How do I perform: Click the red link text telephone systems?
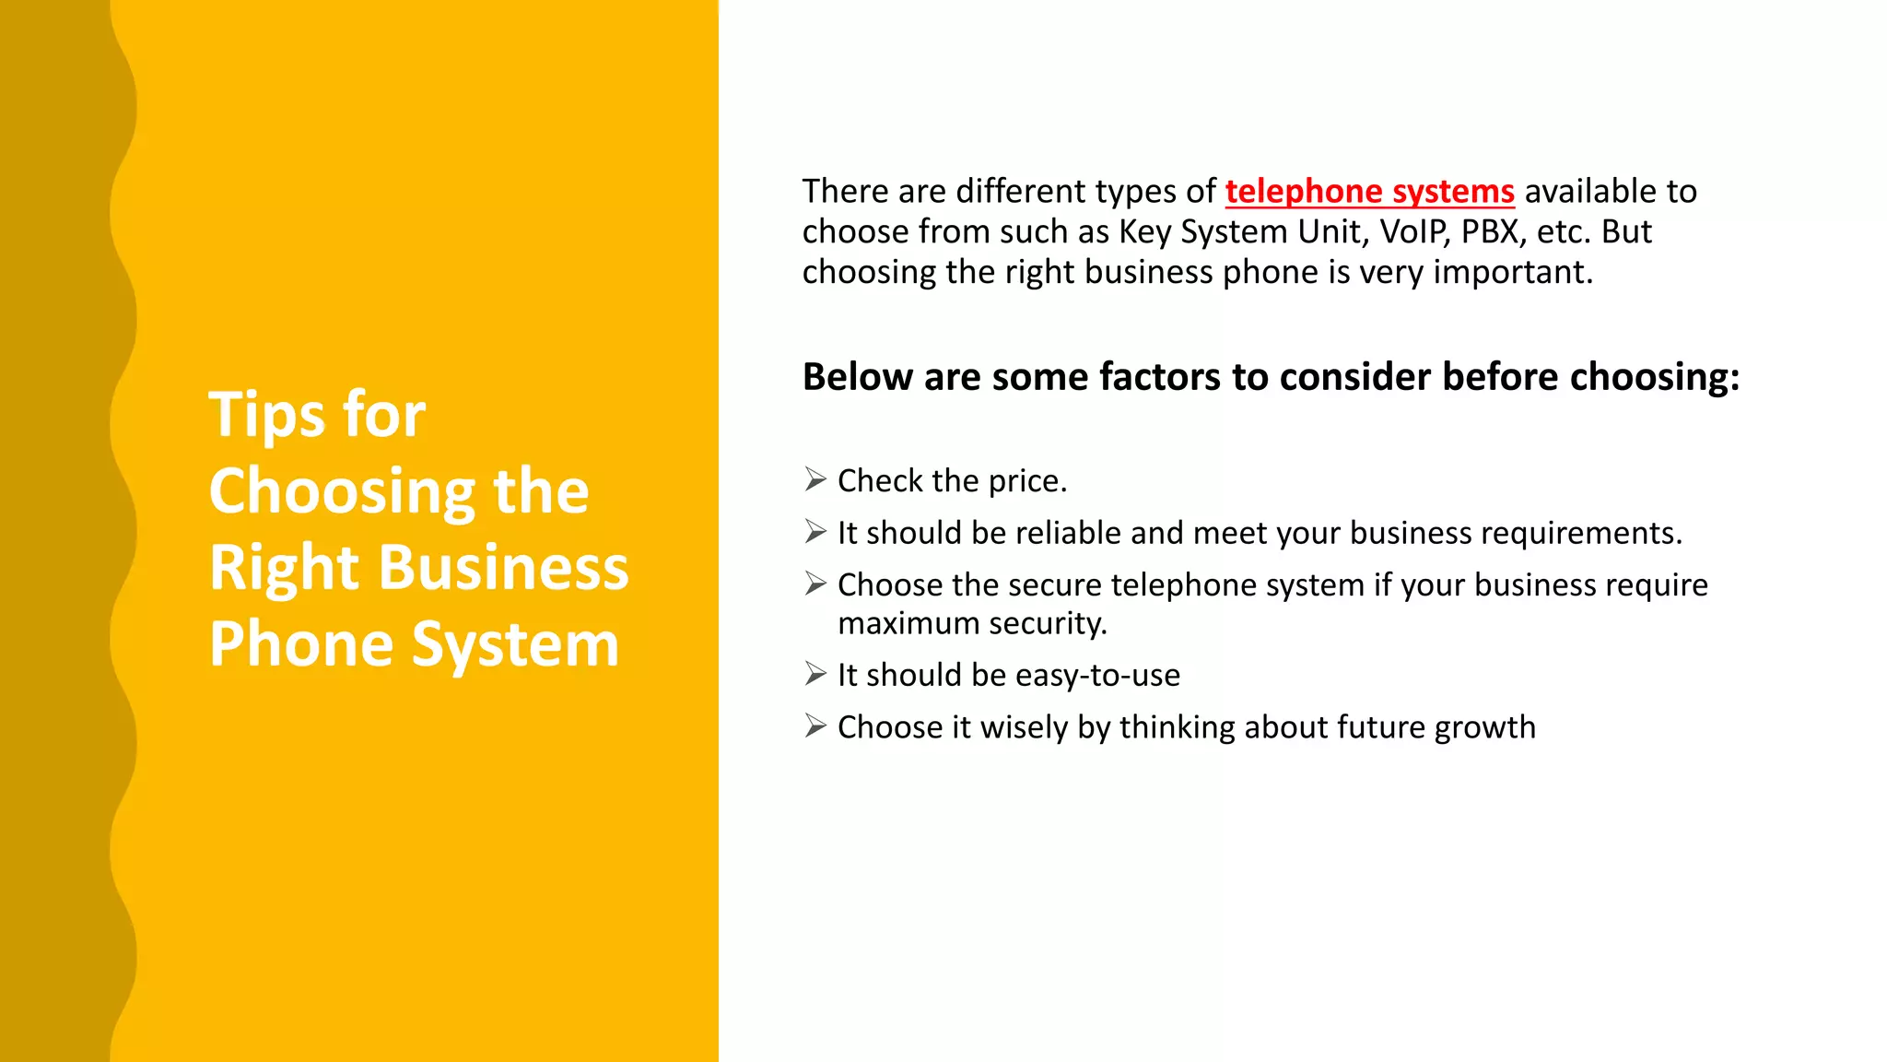pos(1369,192)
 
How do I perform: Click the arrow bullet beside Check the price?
pos(815,479)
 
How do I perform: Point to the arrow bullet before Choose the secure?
pos(815,584)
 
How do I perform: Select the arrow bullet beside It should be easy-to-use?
pos(815,674)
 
